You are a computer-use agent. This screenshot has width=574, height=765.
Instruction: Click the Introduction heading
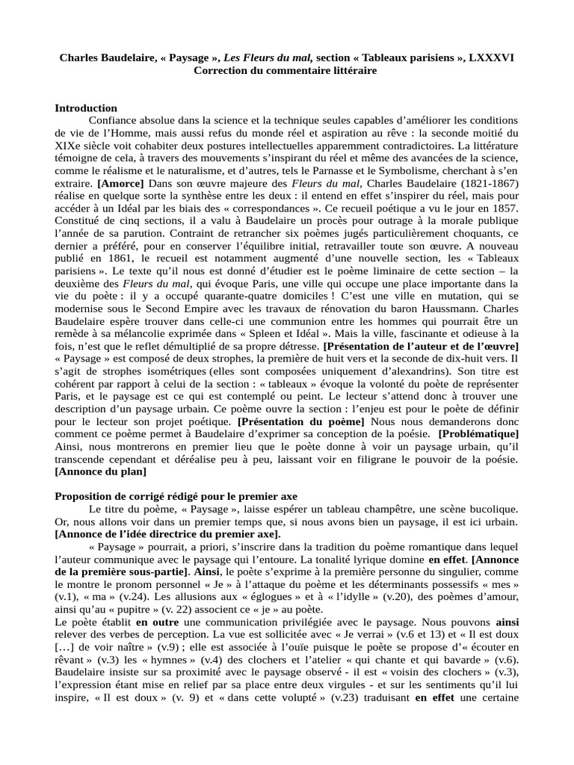pyautogui.click(x=86, y=108)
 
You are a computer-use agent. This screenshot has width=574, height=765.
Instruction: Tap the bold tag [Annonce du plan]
pyautogui.click(x=101, y=471)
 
